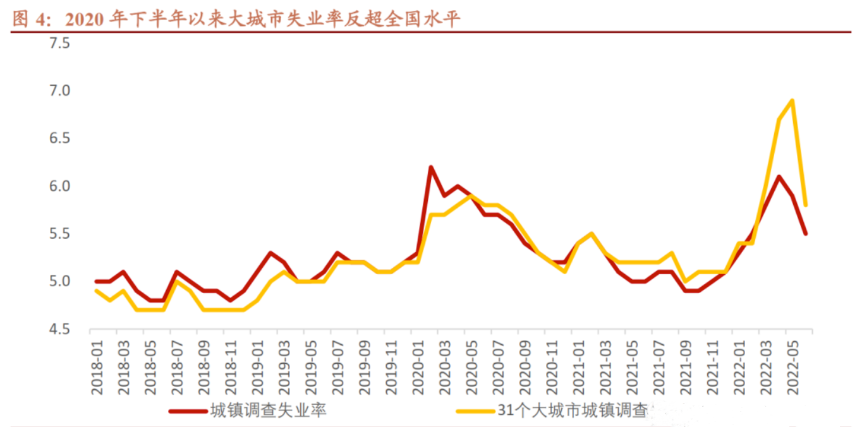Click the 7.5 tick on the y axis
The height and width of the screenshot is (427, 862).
coord(59,44)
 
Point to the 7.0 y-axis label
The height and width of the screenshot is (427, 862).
coord(59,91)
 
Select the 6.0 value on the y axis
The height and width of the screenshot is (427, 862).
coord(59,186)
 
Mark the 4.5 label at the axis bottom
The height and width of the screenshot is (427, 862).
coord(59,329)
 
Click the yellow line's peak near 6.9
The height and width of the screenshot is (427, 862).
coord(792,100)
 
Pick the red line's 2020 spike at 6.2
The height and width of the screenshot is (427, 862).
coord(431,167)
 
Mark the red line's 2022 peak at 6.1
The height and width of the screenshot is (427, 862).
coord(779,177)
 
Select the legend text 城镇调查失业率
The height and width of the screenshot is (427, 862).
coord(268,411)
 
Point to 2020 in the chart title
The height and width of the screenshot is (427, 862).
coord(84,20)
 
